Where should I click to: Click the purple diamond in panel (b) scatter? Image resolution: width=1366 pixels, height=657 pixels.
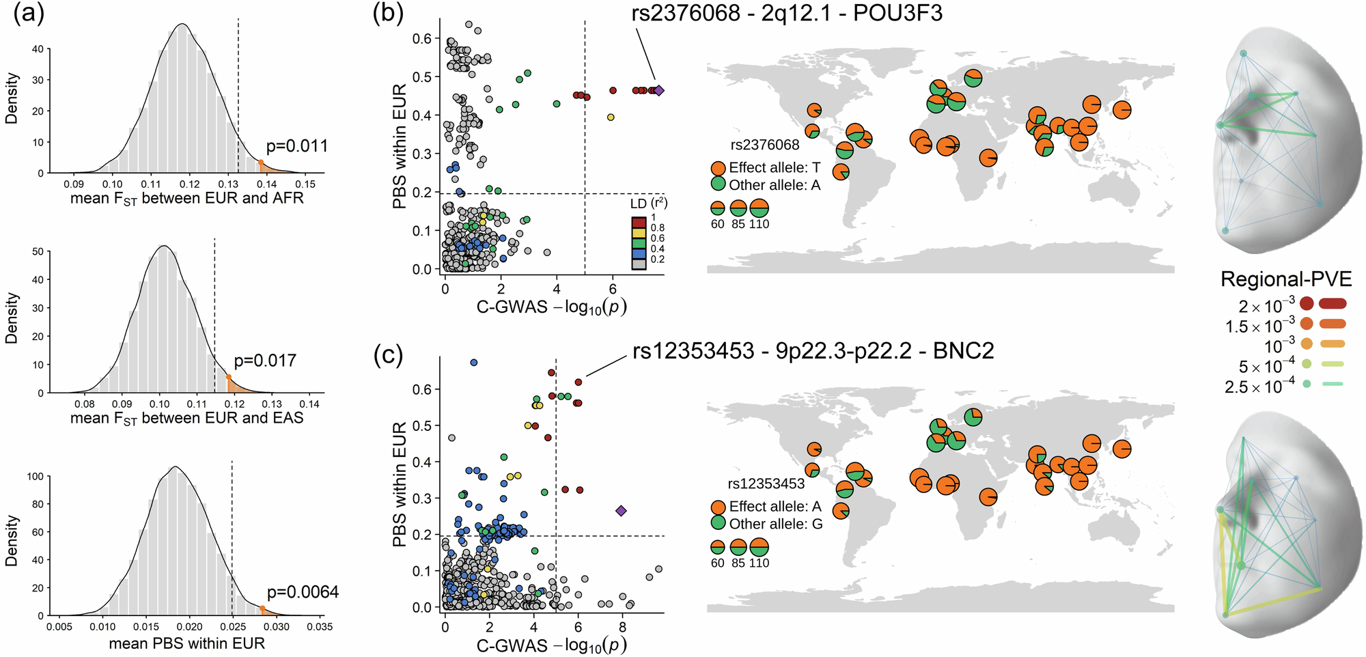658,90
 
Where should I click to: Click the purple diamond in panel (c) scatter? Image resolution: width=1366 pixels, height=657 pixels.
621,510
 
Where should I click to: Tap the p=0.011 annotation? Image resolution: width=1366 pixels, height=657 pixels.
297,145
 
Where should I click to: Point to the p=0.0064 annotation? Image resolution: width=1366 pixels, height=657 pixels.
303,592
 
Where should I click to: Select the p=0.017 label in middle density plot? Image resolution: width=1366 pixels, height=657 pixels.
265,361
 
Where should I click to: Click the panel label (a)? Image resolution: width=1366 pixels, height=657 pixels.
29,14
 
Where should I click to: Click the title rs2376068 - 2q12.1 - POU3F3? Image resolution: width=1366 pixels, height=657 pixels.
787,13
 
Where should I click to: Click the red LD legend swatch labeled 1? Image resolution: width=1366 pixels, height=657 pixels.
639,222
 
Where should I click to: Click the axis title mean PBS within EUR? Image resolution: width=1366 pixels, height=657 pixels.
186,643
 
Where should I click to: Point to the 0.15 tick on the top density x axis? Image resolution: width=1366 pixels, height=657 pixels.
305,184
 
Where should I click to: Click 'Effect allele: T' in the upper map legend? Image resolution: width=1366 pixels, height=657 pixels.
775,167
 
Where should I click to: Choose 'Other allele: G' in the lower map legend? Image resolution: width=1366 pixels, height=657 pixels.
776,524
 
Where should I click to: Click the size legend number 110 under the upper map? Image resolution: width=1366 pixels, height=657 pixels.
759,224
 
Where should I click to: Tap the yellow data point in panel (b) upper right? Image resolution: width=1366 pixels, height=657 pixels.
611,117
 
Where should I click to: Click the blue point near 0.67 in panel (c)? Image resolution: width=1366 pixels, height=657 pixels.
474,363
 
